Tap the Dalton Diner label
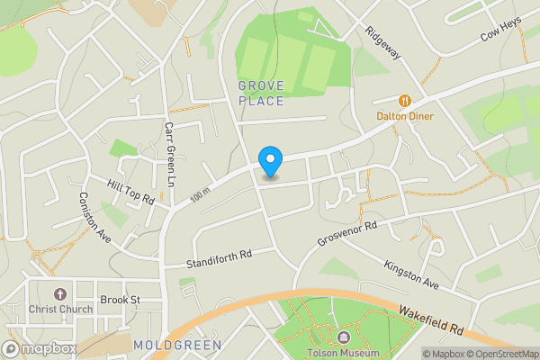[x=405, y=117]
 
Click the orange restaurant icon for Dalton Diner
[x=405, y=100]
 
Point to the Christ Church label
[x=59, y=310]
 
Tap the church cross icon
[x=59, y=294]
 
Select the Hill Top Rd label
[x=130, y=192]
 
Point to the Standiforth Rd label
[x=219, y=261]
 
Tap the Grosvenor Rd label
[x=346, y=233]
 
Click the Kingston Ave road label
[x=410, y=274]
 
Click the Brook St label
[x=121, y=299]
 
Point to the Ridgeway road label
[x=382, y=42]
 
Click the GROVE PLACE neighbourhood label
[x=261, y=93]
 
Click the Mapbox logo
[x=40, y=348]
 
